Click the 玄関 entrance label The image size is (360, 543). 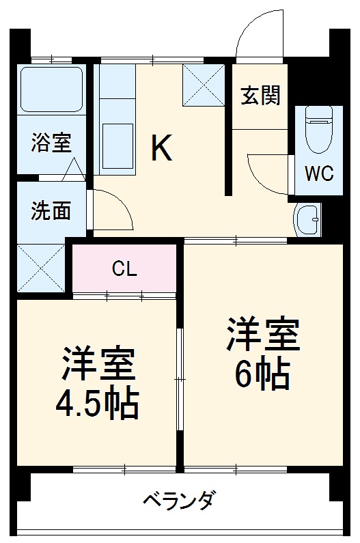260,96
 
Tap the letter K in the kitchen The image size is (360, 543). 161,148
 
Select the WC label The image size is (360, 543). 318,173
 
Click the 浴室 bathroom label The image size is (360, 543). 51,145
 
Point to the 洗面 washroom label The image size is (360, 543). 51,211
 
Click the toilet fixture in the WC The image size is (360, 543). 318,130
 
